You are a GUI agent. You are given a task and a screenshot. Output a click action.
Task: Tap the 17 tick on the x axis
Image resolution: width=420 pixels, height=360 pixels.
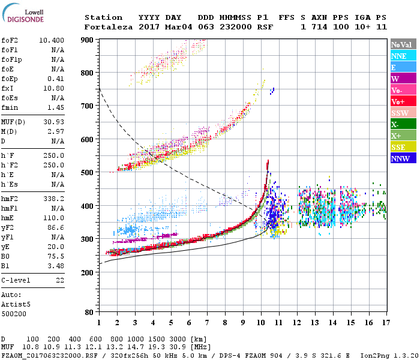(385, 323)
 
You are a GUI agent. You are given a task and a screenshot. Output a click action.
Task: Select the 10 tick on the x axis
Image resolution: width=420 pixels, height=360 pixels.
(260, 323)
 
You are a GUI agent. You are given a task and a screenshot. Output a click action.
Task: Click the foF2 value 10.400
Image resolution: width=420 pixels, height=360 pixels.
(52, 40)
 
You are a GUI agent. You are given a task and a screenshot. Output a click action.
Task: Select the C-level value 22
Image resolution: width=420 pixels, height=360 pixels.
(59, 280)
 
